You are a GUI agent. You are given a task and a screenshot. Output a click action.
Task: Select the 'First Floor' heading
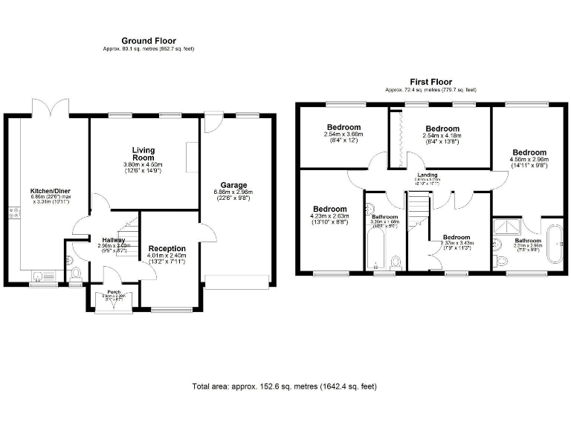(430, 82)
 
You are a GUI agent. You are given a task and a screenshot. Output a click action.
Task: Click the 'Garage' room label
(233, 185)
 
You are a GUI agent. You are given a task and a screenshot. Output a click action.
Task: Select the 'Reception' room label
(167, 248)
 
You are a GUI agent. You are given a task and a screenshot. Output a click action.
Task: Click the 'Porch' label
(114, 292)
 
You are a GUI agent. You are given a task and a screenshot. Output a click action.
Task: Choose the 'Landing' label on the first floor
(429, 175)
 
